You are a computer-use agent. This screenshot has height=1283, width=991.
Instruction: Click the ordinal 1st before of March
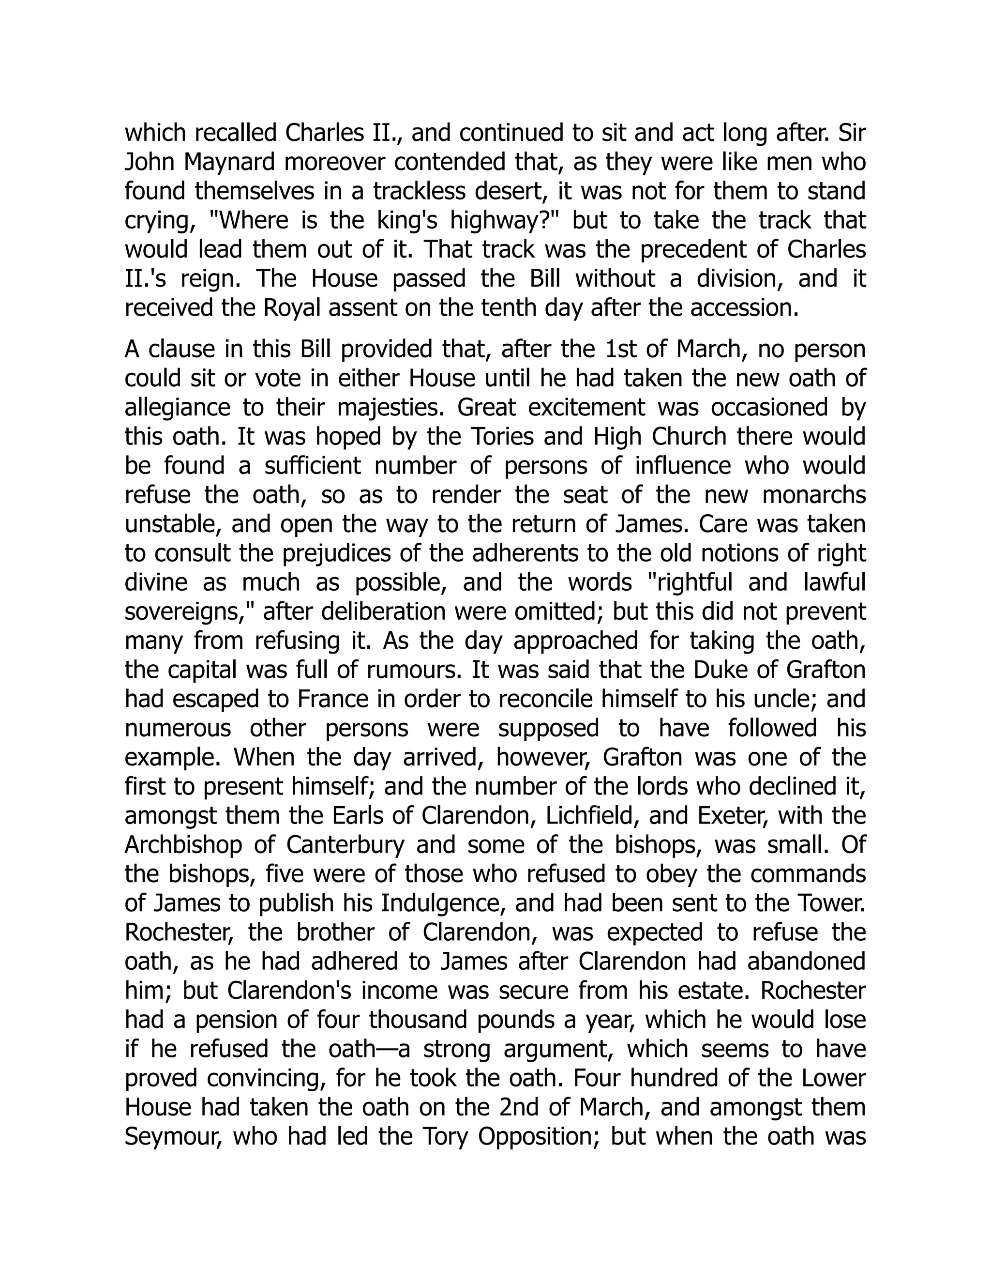(x=616, y=350)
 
